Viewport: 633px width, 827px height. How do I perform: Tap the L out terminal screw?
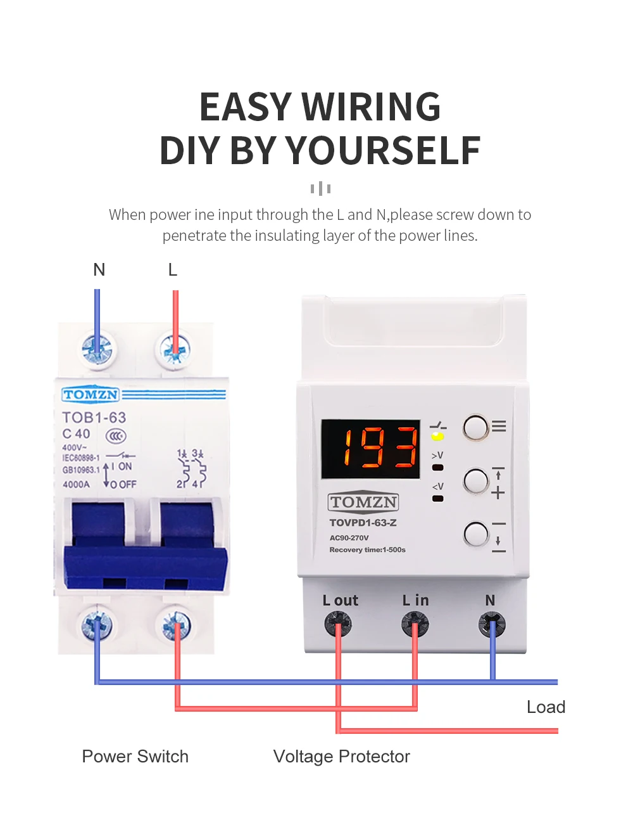(338, 624)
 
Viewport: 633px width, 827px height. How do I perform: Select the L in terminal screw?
(415, 624)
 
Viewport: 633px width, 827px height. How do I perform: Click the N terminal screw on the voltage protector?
(492, 624)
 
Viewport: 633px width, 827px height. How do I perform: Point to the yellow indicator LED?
(437, 436)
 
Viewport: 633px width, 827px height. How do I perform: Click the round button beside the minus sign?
(476, 534)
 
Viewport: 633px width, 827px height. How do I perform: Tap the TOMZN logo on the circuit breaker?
(91, 394)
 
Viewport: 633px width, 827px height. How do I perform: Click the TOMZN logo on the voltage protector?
(363, 502)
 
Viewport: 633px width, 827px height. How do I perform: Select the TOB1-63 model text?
(94, 418)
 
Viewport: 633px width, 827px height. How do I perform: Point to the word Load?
(546, 707)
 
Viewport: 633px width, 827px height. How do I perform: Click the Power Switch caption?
(135, 756)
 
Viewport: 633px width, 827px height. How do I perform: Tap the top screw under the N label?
(97, 349)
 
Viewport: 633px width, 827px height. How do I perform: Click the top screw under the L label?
(175, 349)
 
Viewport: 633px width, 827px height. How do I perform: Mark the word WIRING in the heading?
(371, 106)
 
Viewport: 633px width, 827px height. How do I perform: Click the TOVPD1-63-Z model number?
(363, 523)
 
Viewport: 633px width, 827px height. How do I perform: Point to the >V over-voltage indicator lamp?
(437, 467)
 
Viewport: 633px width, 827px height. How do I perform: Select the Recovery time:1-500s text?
(367, 549)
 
